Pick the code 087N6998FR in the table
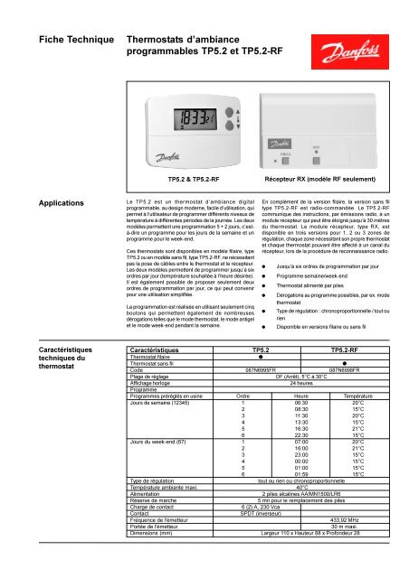[345, 395]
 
